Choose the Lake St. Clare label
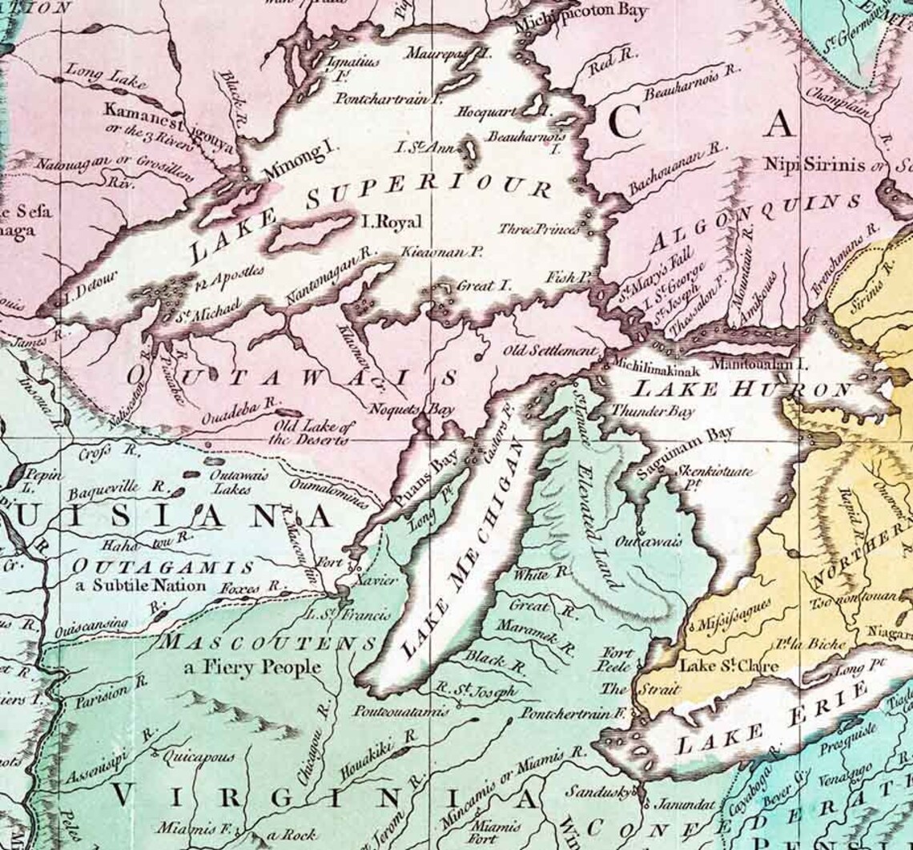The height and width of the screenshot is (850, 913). click(x=718, y=665)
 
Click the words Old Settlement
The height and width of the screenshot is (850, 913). click(x=550, y=351)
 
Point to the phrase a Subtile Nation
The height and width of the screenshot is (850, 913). click(x=141, y=585)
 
